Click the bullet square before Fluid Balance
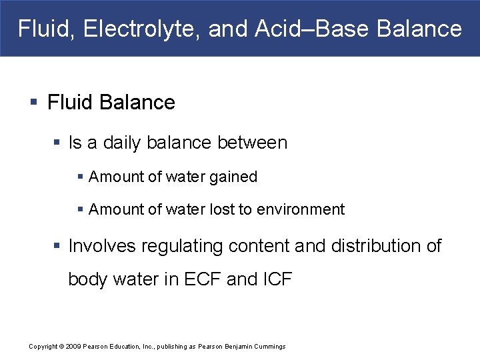click(34, 103)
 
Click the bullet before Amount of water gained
click(80, 177)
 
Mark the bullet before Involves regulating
click(58, 247)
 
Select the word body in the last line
click(88, 279)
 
